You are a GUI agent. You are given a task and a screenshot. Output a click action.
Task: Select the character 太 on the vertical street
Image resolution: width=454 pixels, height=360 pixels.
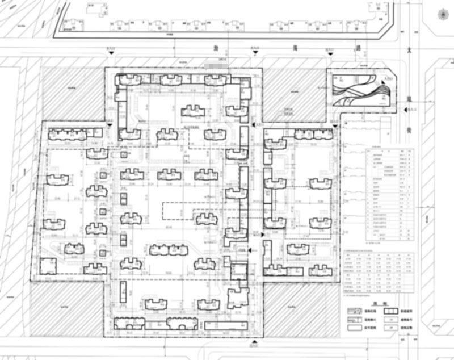coord(409,51)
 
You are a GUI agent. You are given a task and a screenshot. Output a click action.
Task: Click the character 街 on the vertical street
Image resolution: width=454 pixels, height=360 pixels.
coord(409,130)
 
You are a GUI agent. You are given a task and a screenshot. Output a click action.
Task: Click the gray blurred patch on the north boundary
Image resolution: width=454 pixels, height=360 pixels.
coord(216,66)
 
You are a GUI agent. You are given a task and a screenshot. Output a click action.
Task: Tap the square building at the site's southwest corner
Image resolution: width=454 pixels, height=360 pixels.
coord(47,266)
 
